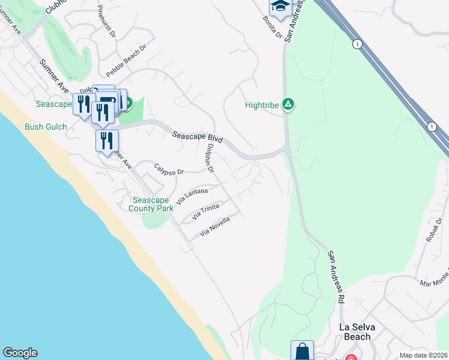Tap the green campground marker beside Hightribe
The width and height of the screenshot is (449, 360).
point(289,105)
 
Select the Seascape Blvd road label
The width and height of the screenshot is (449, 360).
point(197,137)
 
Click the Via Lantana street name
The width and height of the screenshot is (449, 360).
point(193,195)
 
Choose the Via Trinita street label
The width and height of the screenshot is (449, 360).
point(205,211)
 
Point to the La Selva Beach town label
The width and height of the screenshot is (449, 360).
point(355,331)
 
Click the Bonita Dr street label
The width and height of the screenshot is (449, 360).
point(272,27)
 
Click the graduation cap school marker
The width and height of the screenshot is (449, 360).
point(280,7)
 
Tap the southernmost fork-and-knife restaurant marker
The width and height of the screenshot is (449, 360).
point(107,142)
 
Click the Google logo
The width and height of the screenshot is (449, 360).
point(20,353)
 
